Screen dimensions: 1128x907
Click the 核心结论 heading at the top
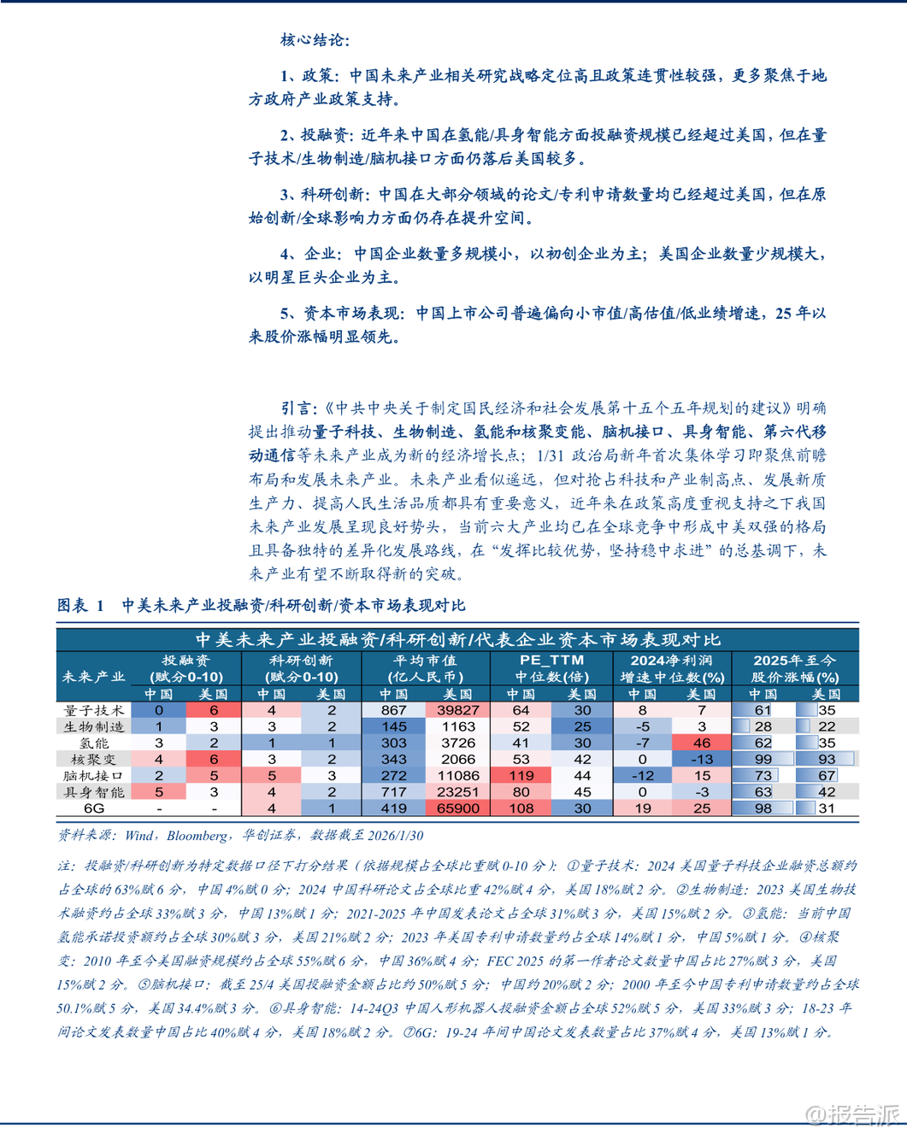point(314,40)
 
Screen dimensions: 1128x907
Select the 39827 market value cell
point(457,710)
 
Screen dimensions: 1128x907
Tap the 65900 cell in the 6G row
point(457,808)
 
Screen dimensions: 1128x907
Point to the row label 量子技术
point(94,710)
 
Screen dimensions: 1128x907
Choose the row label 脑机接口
point(94,776)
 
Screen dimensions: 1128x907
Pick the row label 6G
point(94,808)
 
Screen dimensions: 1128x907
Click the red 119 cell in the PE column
point(521,776)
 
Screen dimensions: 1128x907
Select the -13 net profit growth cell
point(701,759)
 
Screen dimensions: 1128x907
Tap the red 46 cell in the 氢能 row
point(701,743)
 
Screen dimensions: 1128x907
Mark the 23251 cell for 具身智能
point(457,792)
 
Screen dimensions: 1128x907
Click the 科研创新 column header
point(301,668)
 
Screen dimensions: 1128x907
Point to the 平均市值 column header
point(426,668)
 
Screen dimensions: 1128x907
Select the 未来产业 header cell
point(94,677)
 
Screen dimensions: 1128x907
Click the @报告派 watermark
point(852,1113)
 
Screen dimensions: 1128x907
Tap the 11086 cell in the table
point(457,776)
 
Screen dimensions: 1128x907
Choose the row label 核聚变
point(94,759)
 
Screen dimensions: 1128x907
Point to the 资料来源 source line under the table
point(239,835)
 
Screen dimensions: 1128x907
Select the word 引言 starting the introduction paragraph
point(297,408)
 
